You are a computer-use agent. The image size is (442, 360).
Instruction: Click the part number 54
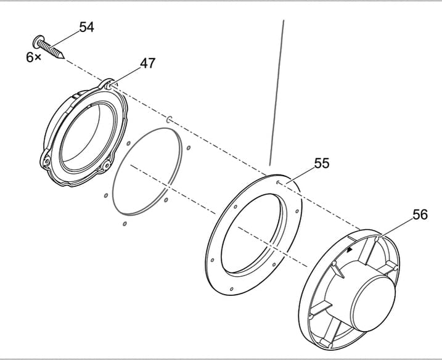coord(86,28)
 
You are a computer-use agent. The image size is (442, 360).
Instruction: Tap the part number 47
coord(147,63)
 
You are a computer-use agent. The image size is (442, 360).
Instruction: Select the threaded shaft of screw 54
coord(52,49)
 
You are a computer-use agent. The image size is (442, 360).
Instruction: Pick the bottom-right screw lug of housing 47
coord(107,166)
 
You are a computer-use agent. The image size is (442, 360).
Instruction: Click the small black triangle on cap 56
coord(350,250)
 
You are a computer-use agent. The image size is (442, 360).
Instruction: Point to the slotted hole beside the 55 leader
coord(279,182)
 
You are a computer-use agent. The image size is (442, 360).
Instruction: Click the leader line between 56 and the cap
coord(398,226)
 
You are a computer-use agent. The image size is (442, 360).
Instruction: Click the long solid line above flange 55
coord(277,92)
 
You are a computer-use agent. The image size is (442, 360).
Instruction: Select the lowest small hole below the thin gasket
coord(124,223)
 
